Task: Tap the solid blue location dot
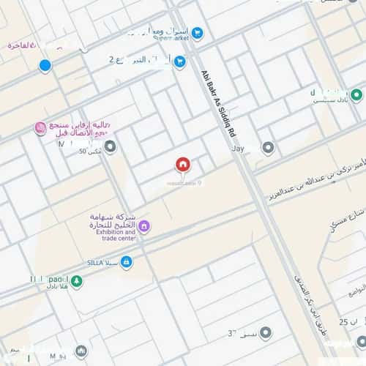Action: coord(45,67)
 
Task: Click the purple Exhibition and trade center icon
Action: coord(144,227)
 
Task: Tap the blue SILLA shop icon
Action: coord(127,261)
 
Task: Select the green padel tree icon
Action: coord(77,280)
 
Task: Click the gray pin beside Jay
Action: coord(268,149)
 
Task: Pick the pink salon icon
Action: coord(41,129)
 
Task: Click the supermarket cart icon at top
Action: coord(197,34)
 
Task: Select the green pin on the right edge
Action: coord(356,95)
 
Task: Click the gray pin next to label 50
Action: coord(111,149)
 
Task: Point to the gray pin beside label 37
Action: coord(266,334)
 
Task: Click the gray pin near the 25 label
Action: coord(361,342)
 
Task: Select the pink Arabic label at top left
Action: coord(22,45)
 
